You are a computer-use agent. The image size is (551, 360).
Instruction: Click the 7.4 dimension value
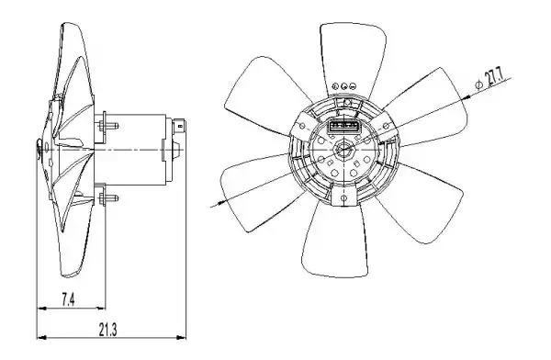[x=68, y=300]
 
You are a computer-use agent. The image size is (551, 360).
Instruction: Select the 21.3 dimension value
[x=107, y=330]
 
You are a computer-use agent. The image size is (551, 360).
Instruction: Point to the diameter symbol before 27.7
[x=478, y=85]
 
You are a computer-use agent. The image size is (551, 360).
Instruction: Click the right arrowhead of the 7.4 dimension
[x=101, y=309]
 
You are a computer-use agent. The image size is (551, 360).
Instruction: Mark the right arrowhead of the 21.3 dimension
[x=181, y=338]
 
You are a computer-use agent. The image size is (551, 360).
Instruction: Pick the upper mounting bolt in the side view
[x=108, y=126]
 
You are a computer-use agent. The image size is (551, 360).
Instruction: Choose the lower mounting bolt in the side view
[x=108, y=198]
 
